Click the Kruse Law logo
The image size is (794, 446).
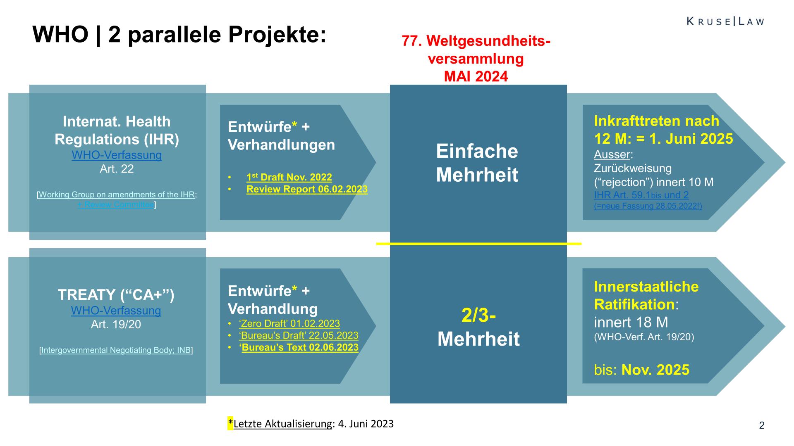point(725,21)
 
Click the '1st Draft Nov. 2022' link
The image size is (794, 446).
point(289,177)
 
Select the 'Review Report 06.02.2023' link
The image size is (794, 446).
point(307,189)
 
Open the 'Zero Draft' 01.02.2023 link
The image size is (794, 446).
point(289,323)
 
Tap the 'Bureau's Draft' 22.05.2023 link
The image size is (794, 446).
point(299,335)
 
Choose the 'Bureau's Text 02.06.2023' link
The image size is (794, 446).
point(300,347)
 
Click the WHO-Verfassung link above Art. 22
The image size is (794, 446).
point(117,155)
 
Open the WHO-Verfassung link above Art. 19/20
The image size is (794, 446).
point(116,311)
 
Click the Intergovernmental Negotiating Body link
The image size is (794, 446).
point(116,350)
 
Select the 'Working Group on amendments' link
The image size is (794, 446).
point(117,195)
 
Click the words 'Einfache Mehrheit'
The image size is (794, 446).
point(477,163)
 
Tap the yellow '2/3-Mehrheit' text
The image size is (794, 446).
point(478,327)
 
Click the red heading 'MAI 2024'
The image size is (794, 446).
point(476,76)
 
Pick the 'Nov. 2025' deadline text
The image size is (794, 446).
point(655,370)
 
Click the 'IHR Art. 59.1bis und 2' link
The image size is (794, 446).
point(641,195)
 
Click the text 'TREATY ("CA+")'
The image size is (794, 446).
point(116,295)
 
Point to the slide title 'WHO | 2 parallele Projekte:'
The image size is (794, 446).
point(179,34)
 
